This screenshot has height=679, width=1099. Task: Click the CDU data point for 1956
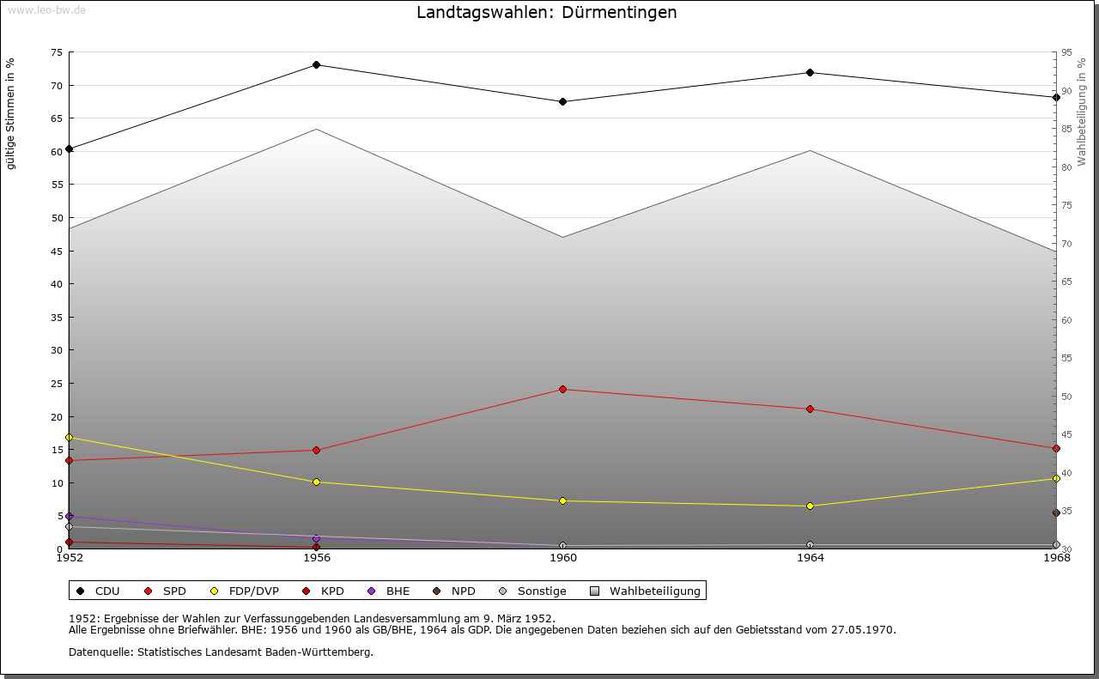click(x=317, y=65)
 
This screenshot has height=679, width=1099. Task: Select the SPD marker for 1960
click(x=563, y=390)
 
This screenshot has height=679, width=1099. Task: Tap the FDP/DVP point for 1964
click(x=810, y=506)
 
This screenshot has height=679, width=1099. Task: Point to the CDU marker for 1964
click(x=810, y=72)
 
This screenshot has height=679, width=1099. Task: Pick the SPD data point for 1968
click(x=1056, y=448)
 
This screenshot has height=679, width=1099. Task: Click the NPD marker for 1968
click(x=1056, y=513)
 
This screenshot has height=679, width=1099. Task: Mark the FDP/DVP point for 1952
click(x=70, y=438)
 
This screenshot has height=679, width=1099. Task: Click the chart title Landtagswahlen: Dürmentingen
click(x=547, y=13)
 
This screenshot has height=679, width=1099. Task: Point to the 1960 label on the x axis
click(x=563, y=558)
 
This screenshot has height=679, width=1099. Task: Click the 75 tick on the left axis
click(x=56, y=52)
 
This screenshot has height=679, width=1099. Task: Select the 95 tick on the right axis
click(x=1066, y=52)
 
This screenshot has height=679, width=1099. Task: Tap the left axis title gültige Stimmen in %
click(x=11, y=113)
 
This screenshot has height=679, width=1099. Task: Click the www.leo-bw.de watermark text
click(x=46, y=9)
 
